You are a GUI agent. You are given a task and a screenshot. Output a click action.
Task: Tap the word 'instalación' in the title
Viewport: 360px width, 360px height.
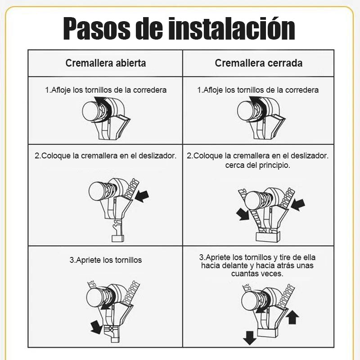232,29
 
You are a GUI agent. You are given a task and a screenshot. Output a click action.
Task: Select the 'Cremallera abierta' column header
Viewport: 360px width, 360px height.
106,63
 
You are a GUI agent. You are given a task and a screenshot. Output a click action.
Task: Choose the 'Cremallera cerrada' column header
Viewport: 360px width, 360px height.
258,63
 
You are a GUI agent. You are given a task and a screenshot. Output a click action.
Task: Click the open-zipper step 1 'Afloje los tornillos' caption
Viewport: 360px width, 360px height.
106,90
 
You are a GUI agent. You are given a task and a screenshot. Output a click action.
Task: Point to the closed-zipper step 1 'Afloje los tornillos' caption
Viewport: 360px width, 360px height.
258,90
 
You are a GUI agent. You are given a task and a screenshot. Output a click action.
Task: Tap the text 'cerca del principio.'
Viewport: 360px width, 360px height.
257,165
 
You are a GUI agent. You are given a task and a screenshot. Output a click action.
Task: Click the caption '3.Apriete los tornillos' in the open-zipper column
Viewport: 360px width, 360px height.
106,260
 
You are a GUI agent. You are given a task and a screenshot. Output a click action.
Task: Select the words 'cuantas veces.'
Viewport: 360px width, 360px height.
257,274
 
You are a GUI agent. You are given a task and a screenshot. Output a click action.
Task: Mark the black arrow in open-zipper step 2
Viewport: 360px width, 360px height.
142,196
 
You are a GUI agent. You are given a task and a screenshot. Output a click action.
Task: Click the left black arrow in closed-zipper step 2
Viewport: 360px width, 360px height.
243,215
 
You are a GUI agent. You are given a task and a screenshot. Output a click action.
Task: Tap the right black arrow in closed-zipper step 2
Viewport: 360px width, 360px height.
298,205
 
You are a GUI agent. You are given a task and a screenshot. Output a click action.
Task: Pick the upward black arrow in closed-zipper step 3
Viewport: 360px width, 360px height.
293,317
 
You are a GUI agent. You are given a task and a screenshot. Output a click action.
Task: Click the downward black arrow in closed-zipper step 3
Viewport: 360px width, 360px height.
250,338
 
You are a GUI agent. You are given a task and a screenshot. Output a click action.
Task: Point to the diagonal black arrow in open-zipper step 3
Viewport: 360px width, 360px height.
96,327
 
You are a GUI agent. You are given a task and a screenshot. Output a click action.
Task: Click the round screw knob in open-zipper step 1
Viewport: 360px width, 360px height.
90,111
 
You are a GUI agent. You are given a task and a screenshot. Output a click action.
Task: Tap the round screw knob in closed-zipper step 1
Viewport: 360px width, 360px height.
245,111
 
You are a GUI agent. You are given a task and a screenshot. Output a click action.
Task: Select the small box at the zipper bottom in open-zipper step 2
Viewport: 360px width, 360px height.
118,238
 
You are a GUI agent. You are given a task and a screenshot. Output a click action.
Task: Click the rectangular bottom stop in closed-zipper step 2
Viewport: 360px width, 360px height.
268,237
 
